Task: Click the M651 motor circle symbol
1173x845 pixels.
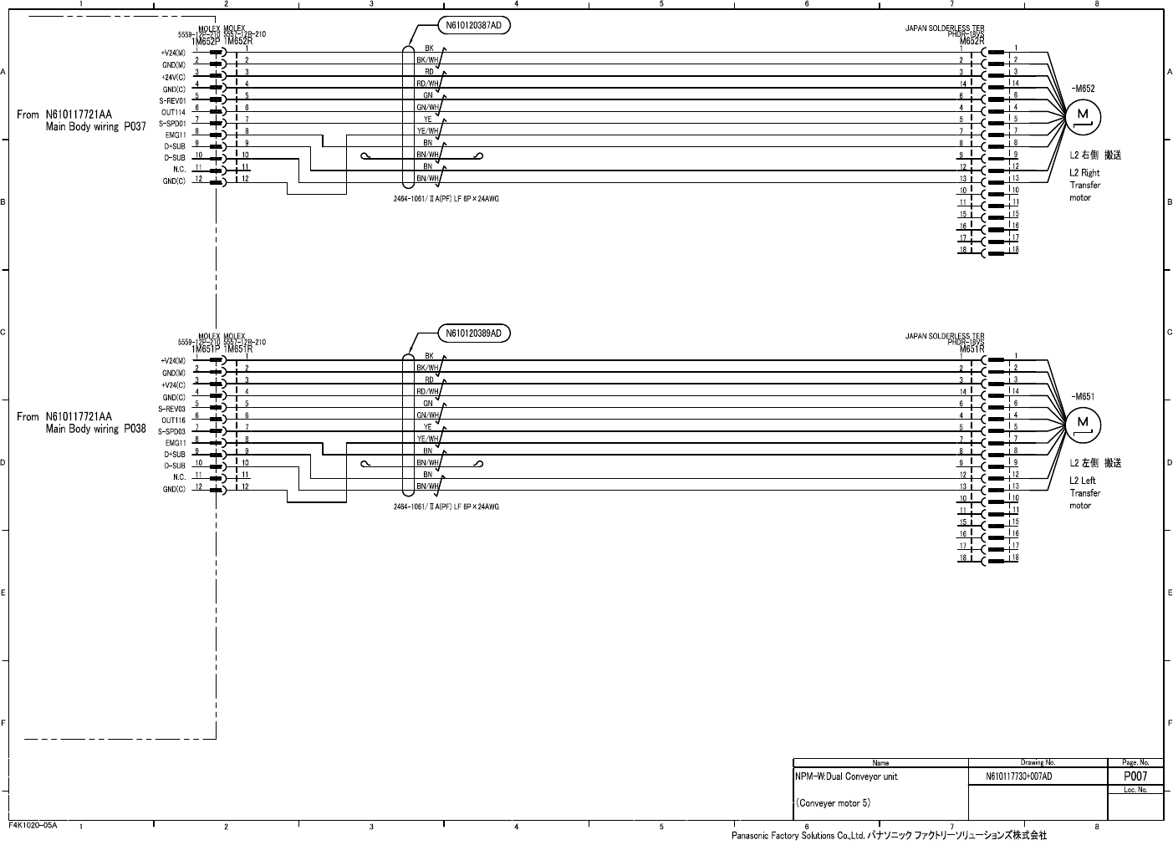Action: tap(1082, 425)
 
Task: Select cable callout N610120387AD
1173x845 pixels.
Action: tap(473, 26)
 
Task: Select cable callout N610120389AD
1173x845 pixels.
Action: tap(473, 333)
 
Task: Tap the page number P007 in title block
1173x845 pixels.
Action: tap(1135, 776)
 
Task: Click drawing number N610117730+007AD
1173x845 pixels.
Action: tap(1019, 777)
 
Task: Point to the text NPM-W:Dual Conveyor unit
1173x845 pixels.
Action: tap(846, 776)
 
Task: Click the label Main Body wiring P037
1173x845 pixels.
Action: tap(95, 127)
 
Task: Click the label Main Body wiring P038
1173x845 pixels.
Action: tap(95, 429)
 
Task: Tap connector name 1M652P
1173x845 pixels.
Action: tap(207, 41)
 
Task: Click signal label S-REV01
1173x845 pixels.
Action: tap(172, 100)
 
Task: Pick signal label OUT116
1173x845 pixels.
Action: tap(173, 420)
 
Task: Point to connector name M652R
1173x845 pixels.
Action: tap(971, 41)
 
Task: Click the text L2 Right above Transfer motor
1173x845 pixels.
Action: tap(1084, 173)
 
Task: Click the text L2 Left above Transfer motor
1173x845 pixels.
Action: tap(1083, 481)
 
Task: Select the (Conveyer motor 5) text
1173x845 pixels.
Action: tap(834, 803)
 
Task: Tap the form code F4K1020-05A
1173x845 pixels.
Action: tap(33, 825)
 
